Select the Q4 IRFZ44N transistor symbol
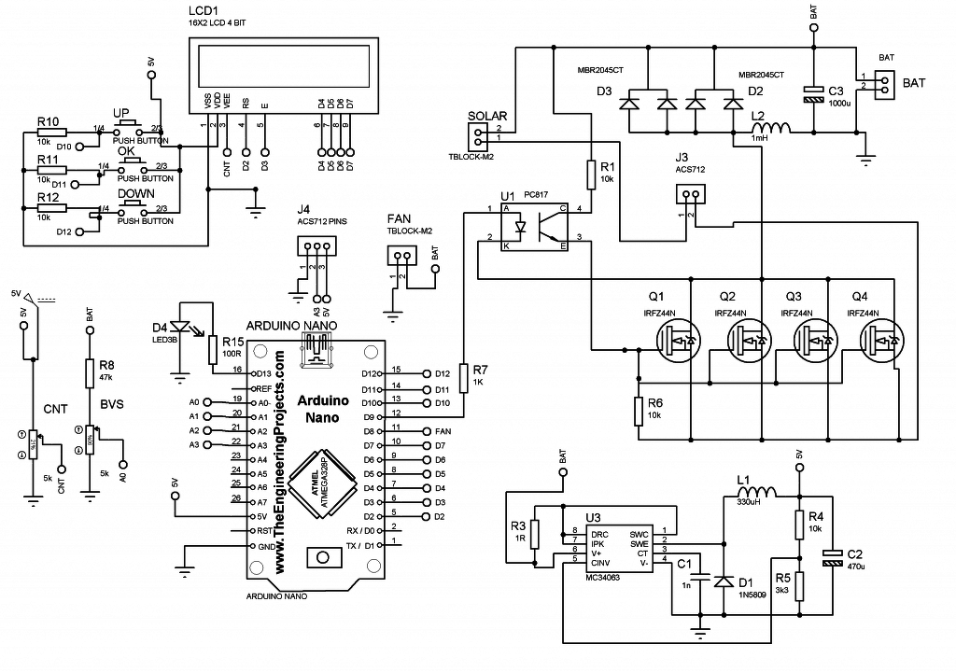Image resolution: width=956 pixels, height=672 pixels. point(882,343)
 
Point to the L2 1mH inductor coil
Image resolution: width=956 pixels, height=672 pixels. point(771,128)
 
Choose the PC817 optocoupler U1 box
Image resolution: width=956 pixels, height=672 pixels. point(534,227)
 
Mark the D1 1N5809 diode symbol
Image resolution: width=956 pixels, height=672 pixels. point(722,581)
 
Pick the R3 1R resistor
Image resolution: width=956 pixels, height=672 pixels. point(533,533)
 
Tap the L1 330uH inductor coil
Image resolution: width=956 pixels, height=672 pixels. point(756,492)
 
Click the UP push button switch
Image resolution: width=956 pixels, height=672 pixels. point(127,125)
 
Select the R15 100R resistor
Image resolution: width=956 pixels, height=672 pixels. point(213,349)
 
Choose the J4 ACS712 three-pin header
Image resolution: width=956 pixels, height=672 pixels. point(314,246)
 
